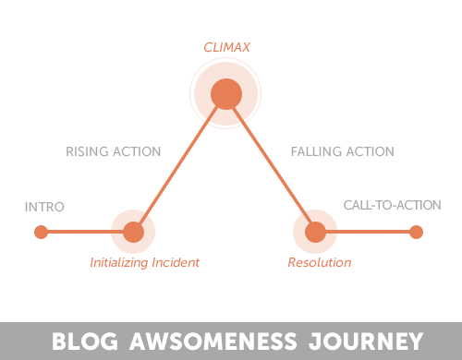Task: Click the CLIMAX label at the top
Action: tap(226, 47)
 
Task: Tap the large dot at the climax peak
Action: tap(226, 94)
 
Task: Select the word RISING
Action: tap(87, 151)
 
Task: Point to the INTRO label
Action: tap(44, 207)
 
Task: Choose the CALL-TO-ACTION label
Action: tap(392, 205)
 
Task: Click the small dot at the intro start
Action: tap(41, 232)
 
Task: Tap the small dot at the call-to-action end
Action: tap(416, 232)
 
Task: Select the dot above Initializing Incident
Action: tap(133, 232)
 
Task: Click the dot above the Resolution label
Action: tap(315, 232)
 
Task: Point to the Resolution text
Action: tap(320, 262)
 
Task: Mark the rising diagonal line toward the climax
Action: tap(178, 164)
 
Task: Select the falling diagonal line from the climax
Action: tap(272, 164)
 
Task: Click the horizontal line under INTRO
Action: tap(85, 232)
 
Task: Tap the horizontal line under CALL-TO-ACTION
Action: tap(368, 232)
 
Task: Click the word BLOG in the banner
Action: tap(85, 341)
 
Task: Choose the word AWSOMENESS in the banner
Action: tap(213, 341)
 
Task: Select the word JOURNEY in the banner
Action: tap(366, 341)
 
